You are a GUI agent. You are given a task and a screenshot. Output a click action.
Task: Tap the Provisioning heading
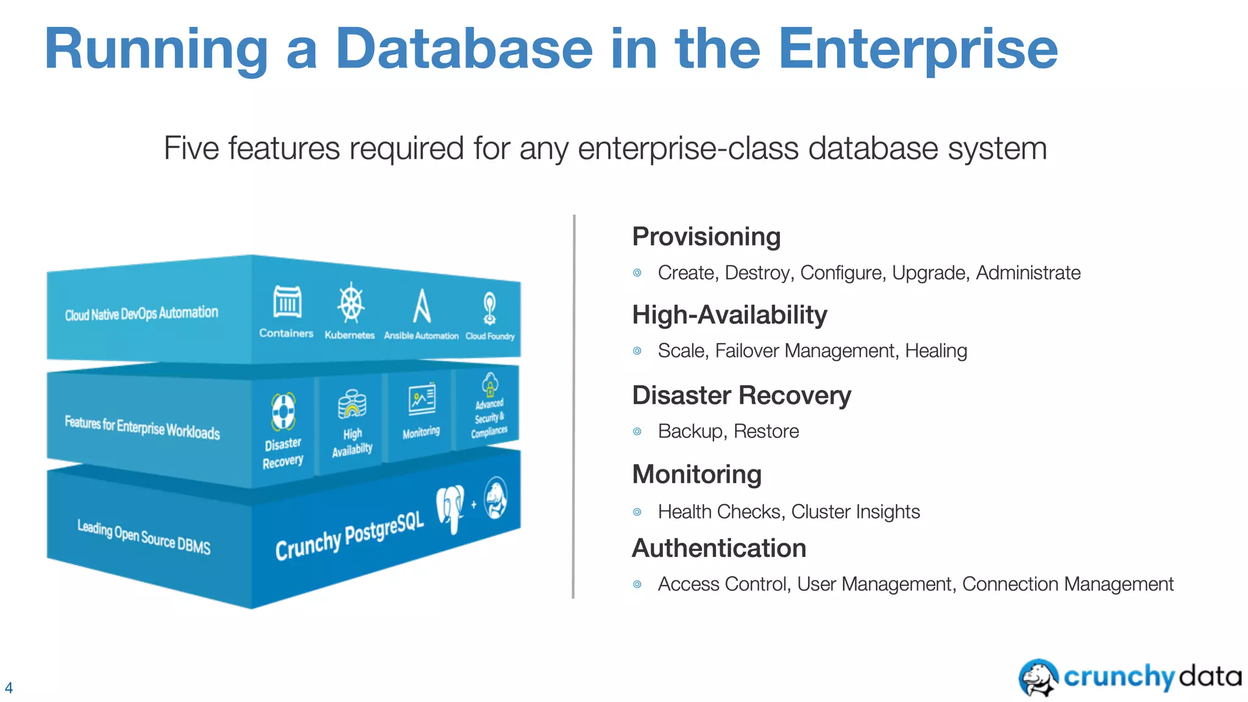(x=706, y=236)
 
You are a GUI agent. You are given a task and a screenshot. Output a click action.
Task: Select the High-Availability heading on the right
(x=729, y=315)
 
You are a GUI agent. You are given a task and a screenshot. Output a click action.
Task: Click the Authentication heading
(x=719, y=548)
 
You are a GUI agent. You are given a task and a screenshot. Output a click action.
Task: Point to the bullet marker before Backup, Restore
(x=637, y=432)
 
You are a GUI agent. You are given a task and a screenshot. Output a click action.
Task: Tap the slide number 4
(x=9, y=688)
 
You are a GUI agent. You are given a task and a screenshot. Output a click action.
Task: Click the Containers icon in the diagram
(x=287, y=302)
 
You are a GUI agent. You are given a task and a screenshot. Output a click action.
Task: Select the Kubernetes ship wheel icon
(x=352, y=303)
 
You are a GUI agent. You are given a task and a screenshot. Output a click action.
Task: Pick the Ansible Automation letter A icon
(x=421, y=306)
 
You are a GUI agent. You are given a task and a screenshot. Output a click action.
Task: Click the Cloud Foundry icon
(x=489, y=308)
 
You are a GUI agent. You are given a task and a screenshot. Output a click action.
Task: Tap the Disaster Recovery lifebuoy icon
(x=283, y=411)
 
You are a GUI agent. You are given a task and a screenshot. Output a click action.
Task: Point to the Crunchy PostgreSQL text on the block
(x=349, y=536)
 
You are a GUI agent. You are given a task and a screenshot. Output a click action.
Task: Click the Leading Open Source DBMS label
(x=144, y=536)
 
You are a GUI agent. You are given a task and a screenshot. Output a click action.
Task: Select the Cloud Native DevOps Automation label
(x=141, y=314)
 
